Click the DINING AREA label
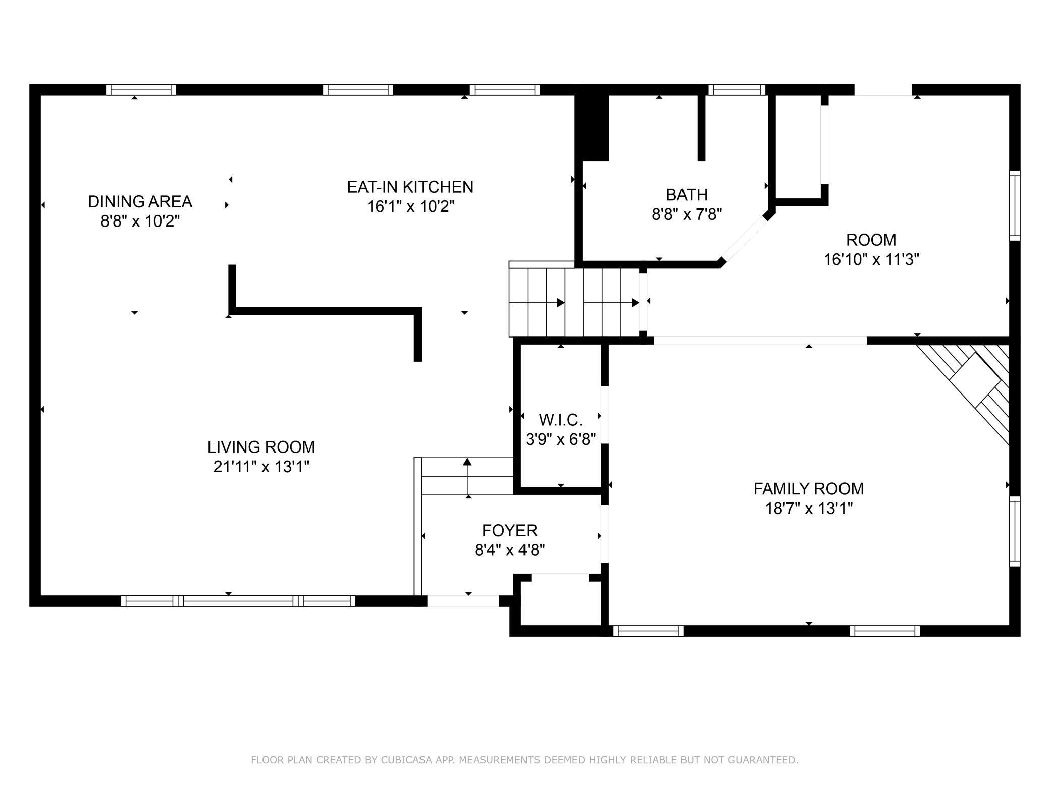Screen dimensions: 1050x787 [140, 201]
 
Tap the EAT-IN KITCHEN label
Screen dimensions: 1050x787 [410, 187]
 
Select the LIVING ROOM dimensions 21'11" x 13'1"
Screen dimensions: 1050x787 [261, 467]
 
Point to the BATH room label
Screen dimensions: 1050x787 [687, 194]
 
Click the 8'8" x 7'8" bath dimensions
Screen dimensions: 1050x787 [687, 214]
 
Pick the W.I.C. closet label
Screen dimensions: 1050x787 [560, 419]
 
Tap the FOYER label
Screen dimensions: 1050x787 [510, 530]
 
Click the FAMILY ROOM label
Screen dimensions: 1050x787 [809, 488]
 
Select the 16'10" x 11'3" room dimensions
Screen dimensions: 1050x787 [871, 259]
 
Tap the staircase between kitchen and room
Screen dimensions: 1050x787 [574, 302]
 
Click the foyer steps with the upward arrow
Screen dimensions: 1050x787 [467, 476]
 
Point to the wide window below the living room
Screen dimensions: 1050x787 [238, 601]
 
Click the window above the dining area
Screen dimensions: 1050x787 [141, 90]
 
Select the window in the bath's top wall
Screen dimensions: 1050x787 [737, 90]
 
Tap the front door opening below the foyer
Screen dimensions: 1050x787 [463, 601]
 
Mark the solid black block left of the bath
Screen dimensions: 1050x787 [593, 128]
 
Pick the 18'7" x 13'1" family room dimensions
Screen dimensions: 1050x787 [809, 509]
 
